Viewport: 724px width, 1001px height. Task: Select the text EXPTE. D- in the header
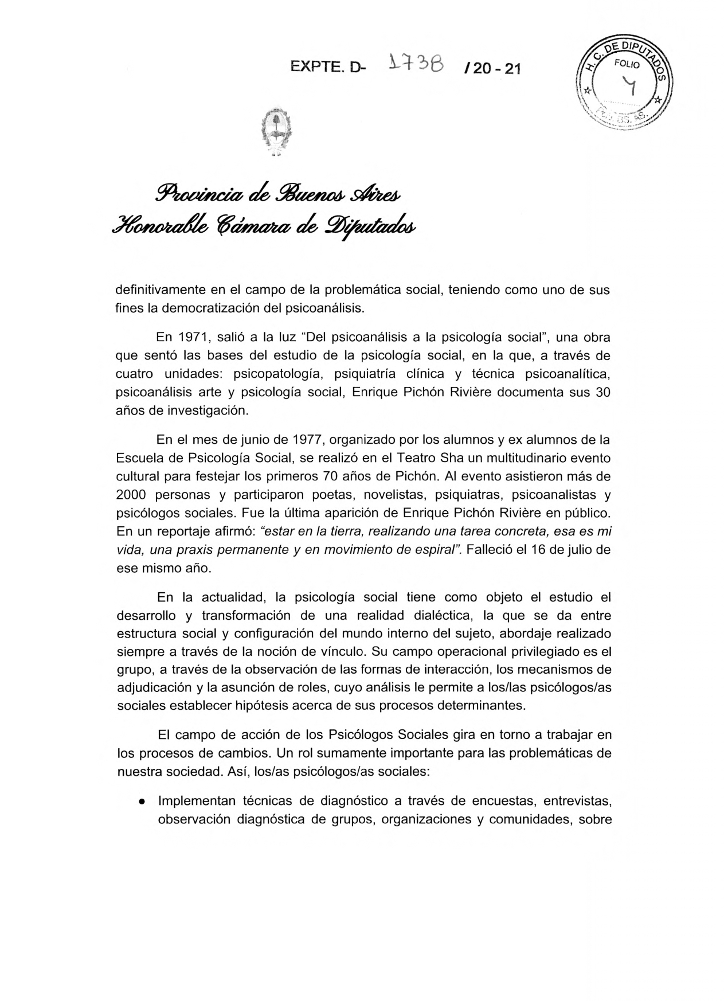328,68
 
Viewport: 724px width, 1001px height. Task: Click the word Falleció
489,550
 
